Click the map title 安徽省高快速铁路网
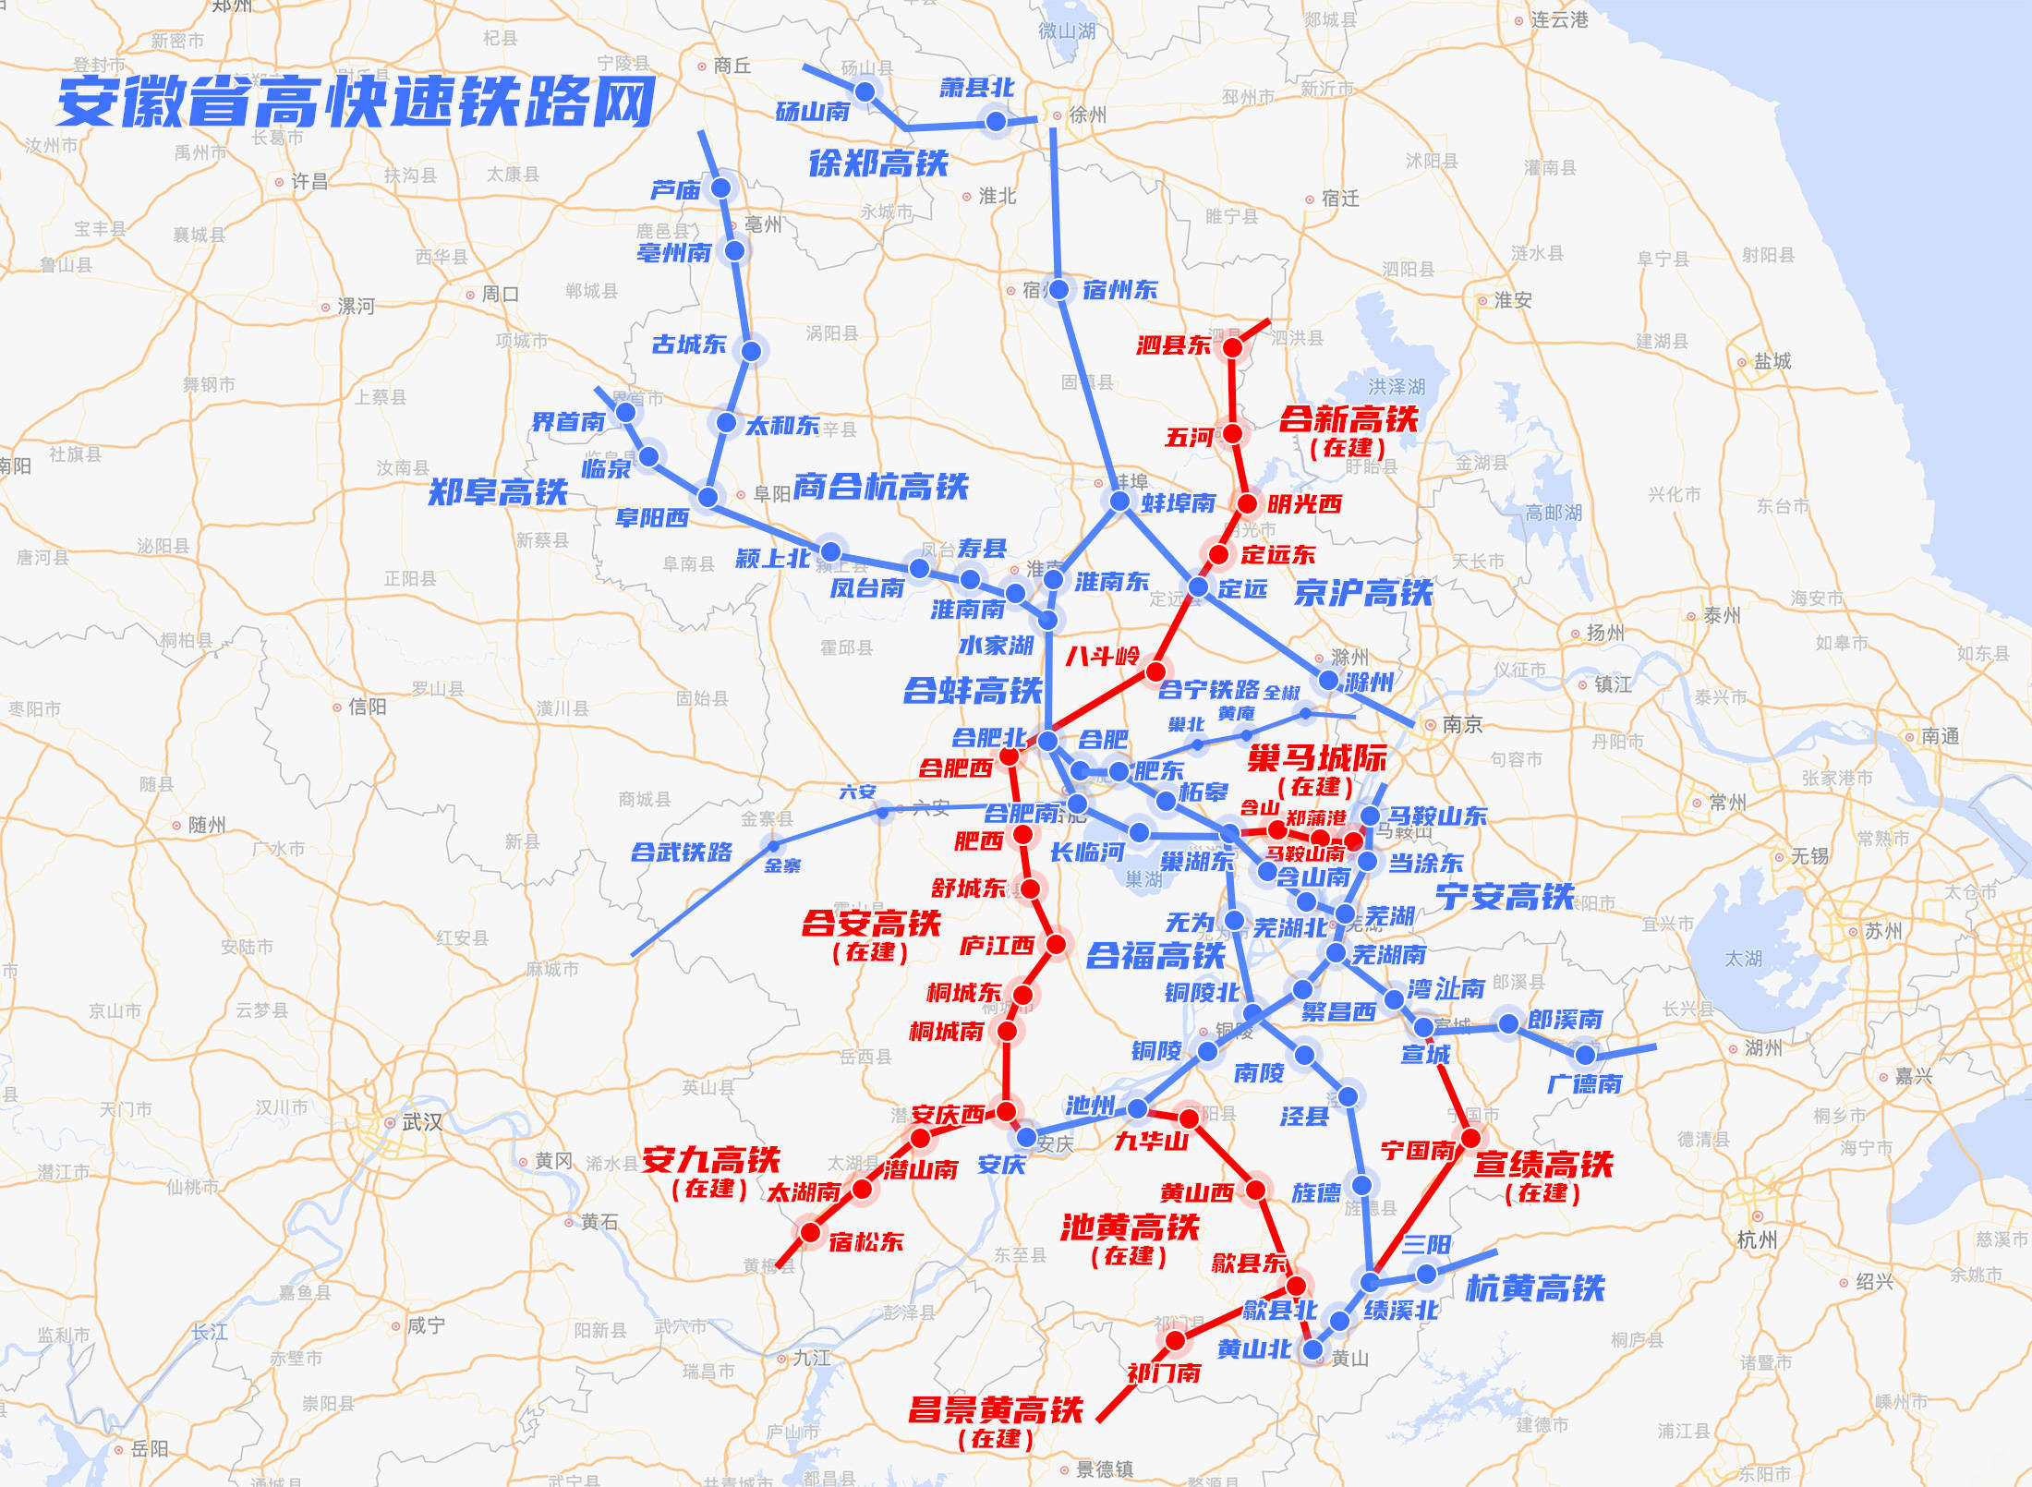coord(356,102)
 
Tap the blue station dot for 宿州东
coord(1058,289)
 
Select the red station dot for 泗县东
coord(1232,347)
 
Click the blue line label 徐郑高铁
coord(877,163)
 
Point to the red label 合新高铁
coord(1348,419)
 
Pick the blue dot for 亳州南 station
coord(735,250)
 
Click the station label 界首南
coord(568,422)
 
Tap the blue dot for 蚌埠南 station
coord(1119,501)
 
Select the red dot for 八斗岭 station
coord(1155,671)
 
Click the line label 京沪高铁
coord(1362,593)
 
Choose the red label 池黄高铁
coord(1129,1227)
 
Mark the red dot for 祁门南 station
coord(1175,1339)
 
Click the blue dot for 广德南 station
coord(1586,1054)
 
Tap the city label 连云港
coord(1559,19)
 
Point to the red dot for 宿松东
coord(810,1232)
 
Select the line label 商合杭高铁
coord(880,487)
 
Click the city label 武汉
coord(421,1122)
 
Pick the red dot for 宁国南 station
coord(1470,1138)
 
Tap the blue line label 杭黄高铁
coord(1535,1288)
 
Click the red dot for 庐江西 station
coord(1056,944)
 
